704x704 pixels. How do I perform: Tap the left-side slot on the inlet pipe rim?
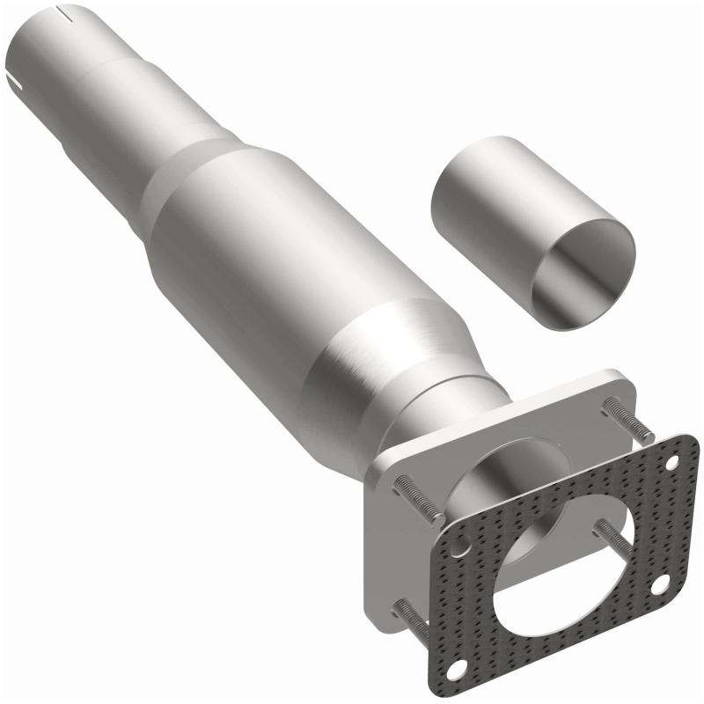(x=15, y=81)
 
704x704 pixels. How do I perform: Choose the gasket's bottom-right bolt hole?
(x=657, y=583)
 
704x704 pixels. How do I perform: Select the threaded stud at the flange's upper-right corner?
(x=628, y=420)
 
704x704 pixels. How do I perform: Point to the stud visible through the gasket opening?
(x=612, y=536)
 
